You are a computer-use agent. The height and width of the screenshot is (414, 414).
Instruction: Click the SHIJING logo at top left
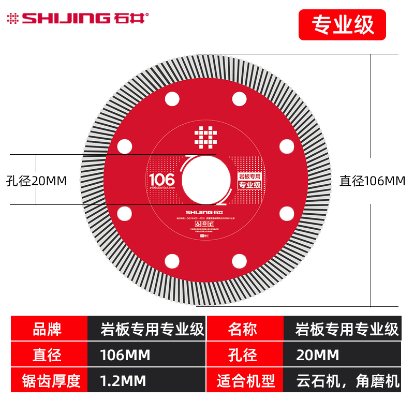click(x=78, y=19)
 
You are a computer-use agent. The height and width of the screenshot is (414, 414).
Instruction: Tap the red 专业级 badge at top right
click(x=342, y=25)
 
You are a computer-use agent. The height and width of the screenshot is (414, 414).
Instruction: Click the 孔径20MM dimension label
click(x=37, y=181)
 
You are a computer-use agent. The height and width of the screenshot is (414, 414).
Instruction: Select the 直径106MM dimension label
click(x=372, y=181)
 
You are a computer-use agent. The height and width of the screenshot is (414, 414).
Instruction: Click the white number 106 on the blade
click(x=161, y=179)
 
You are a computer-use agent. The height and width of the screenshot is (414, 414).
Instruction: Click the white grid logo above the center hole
click(x=205, y=137)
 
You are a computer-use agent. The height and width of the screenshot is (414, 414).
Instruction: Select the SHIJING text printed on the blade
click(x=205, y=212)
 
